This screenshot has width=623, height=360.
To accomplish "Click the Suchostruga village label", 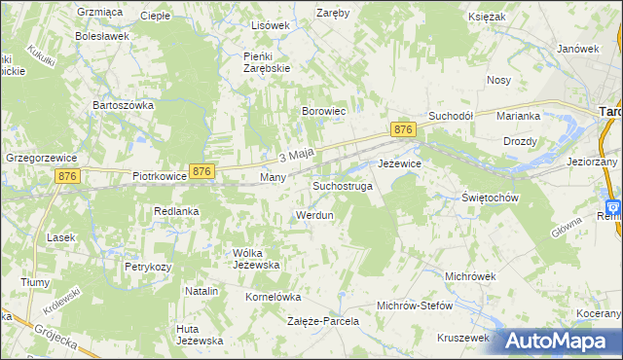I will (x=342, y=185).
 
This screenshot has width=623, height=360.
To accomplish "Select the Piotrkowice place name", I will (x=159, y=178).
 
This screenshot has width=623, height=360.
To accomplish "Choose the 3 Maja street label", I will (x=296, y=156).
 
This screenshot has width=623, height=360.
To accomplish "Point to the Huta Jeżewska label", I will (x=200, y=334).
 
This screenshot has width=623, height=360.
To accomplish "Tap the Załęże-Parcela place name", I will (x=323, y=320).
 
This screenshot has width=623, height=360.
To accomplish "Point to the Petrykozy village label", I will (x=148, y=266).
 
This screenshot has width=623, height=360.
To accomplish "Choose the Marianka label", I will (x=518, y=116).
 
